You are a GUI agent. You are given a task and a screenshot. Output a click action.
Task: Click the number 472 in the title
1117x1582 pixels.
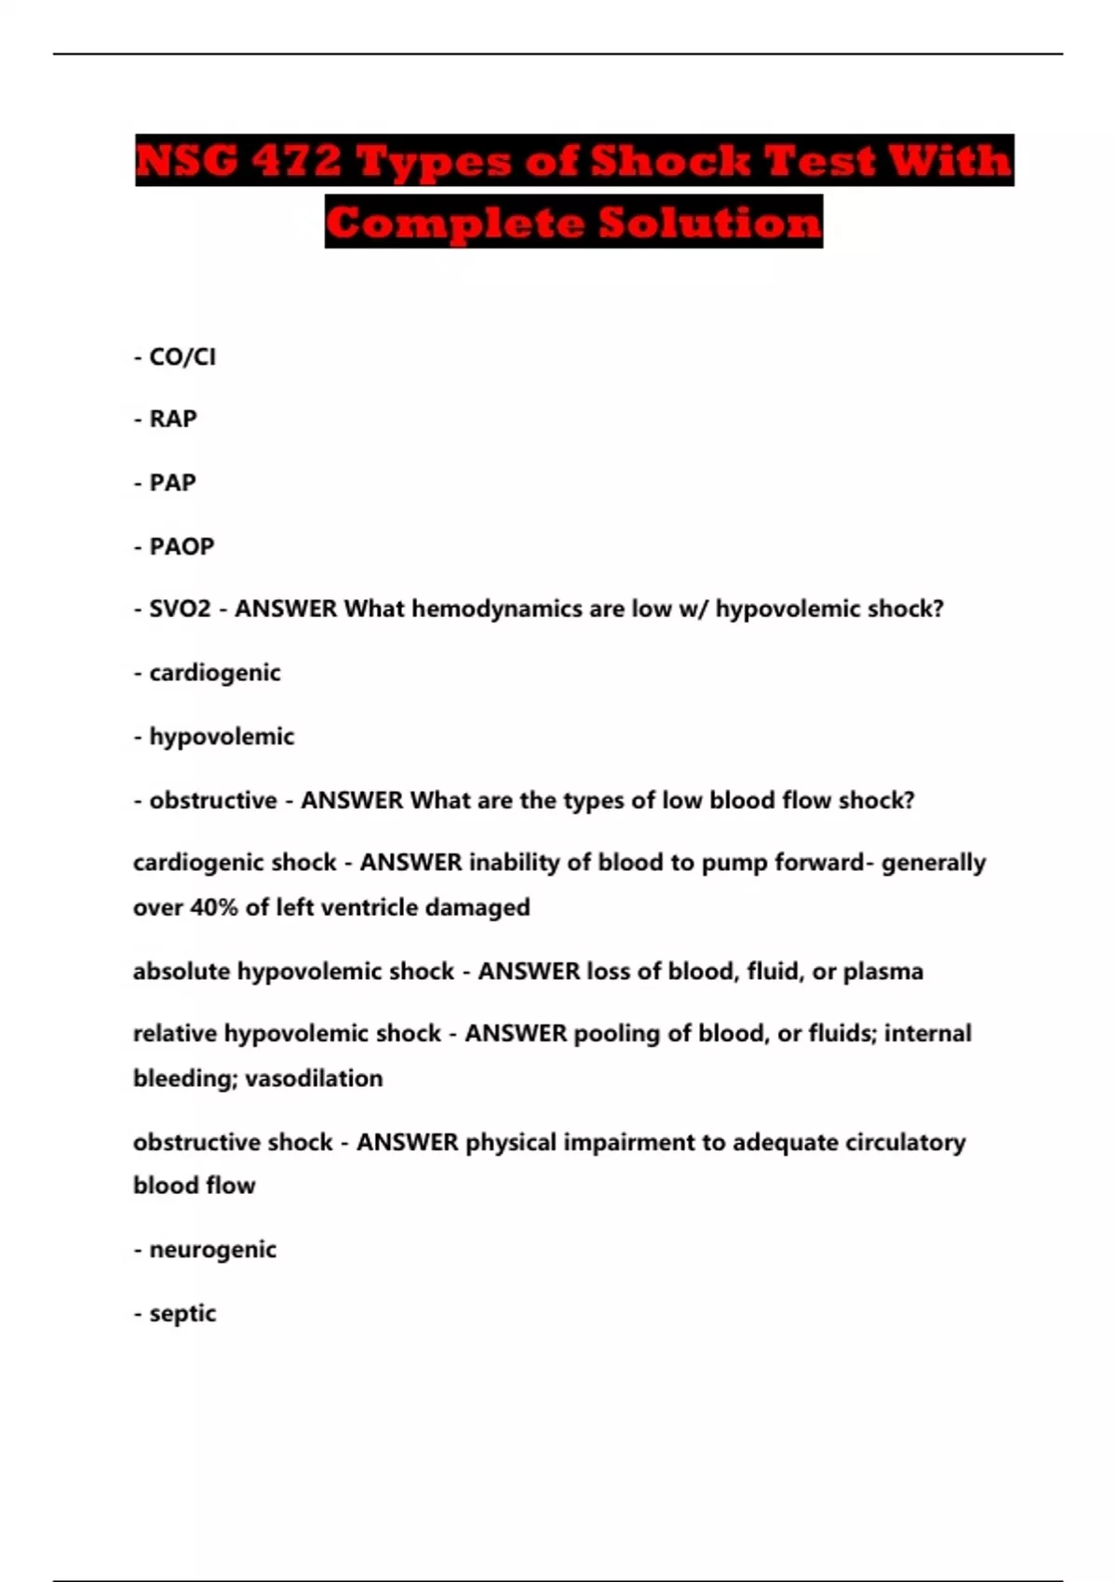[x=297, y=160]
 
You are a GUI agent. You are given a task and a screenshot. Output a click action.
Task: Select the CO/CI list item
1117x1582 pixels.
[x=182, y=357]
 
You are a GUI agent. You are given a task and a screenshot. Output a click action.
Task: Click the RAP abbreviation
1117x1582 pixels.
[x=173, y=420]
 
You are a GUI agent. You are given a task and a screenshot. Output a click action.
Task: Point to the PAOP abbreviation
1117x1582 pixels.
[x=182, y=546]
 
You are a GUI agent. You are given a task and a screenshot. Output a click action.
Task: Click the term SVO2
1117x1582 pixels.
[x=180, y=610]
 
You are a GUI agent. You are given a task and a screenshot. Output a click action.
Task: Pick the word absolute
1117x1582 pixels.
[x=182, y=972]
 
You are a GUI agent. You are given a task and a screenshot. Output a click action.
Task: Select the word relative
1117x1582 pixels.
[x=175, y=1034]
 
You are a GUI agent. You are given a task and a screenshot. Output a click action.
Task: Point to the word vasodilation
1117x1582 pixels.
[x=314, y=1079]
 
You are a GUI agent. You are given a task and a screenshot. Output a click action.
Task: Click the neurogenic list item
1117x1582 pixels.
[x=212, y=1250]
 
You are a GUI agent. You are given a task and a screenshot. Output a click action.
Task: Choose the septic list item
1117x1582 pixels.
[x=182, y=1314]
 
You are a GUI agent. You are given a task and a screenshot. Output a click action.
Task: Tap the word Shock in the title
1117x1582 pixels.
[x=669, y=160]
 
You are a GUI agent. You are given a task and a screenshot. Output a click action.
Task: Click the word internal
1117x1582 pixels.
[x=927, y=1034]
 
